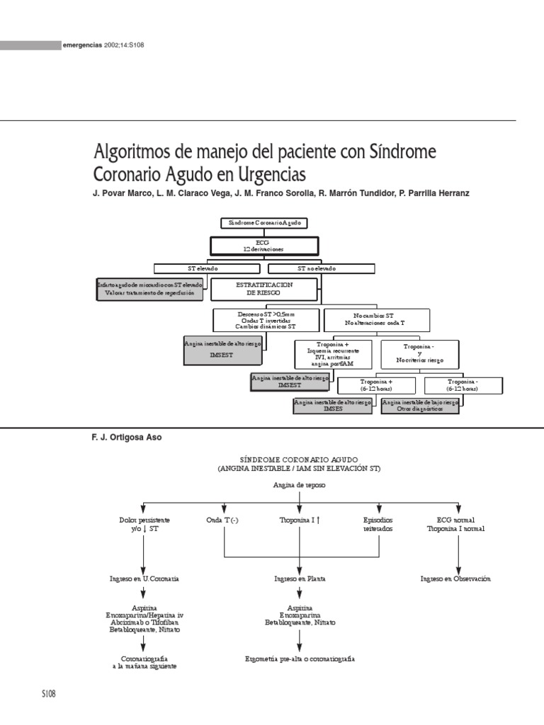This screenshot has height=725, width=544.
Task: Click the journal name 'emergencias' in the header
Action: click(x=83, y=46)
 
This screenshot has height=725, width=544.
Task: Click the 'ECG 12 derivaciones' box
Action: click(x=263, y=246)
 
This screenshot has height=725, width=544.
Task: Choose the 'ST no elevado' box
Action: click(x=321, y=268)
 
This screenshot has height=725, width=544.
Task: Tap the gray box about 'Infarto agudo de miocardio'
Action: click(x=150, y=287)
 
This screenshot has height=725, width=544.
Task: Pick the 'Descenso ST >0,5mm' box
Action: click(x=267, y=319)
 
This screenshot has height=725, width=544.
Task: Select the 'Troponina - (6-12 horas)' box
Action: click(x=463, y=385)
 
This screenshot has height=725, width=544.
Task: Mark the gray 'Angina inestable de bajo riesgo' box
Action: click(x=420, y=405)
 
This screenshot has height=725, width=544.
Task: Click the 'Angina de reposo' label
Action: click(x=299, y=485)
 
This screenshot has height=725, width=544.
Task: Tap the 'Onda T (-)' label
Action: click(x=223, y=520)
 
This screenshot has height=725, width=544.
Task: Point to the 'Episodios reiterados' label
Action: click(x=377, y=524)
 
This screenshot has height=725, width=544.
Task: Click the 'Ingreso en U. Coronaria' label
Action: click(x=144, y=578)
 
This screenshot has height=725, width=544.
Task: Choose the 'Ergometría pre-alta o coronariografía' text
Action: click(x=300, y=658)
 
